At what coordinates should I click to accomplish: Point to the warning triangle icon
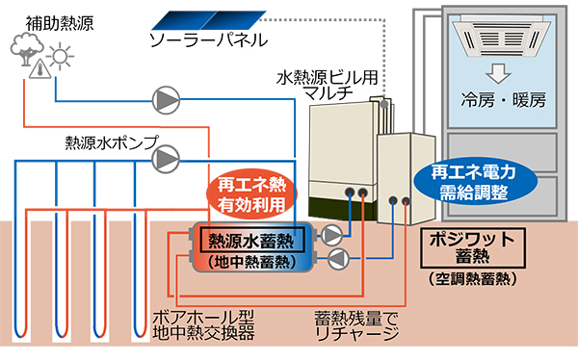(39, 69)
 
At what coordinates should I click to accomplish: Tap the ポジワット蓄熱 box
(472, 249)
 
